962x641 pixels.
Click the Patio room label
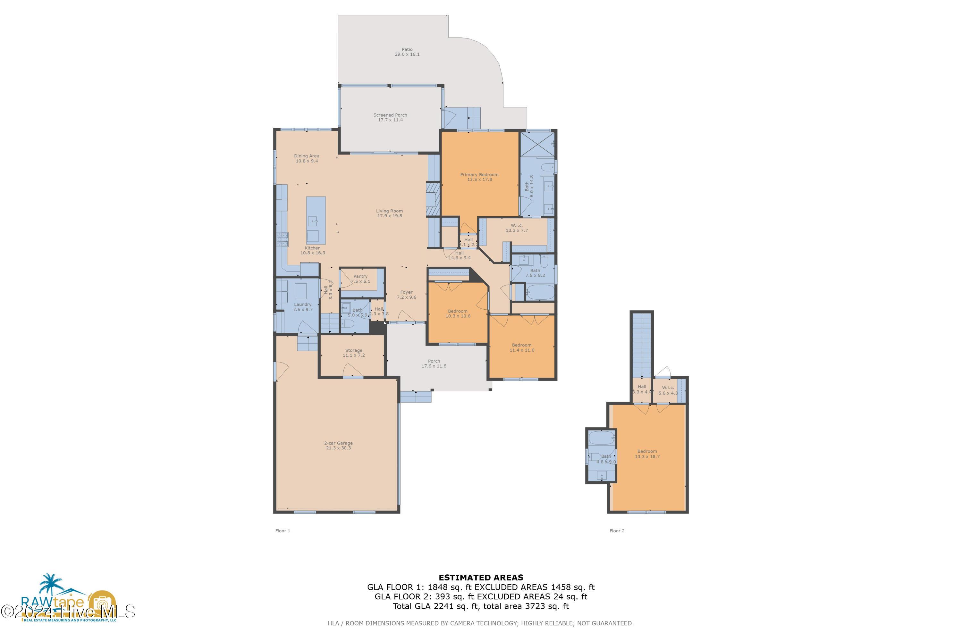[407, 52]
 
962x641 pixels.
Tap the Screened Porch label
[390, 117]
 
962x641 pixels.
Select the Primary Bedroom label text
[479, 177]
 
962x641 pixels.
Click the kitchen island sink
[313, 222]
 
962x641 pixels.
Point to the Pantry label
[360, 279]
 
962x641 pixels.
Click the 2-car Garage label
[338, 445]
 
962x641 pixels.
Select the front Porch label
[434, 363]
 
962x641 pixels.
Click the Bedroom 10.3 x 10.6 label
[457, 313]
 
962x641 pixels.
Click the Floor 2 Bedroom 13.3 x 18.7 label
[647, 454]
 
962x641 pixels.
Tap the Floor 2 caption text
[617, 531]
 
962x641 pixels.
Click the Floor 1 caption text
[283, 531]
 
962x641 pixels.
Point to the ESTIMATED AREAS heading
[481, 578]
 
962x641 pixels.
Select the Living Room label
[389, 213]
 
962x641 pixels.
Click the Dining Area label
[306, 158]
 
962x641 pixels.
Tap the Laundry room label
[303, 307]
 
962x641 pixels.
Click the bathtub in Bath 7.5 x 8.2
[540, 293]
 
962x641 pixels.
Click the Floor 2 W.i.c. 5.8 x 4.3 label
[668, 390]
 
